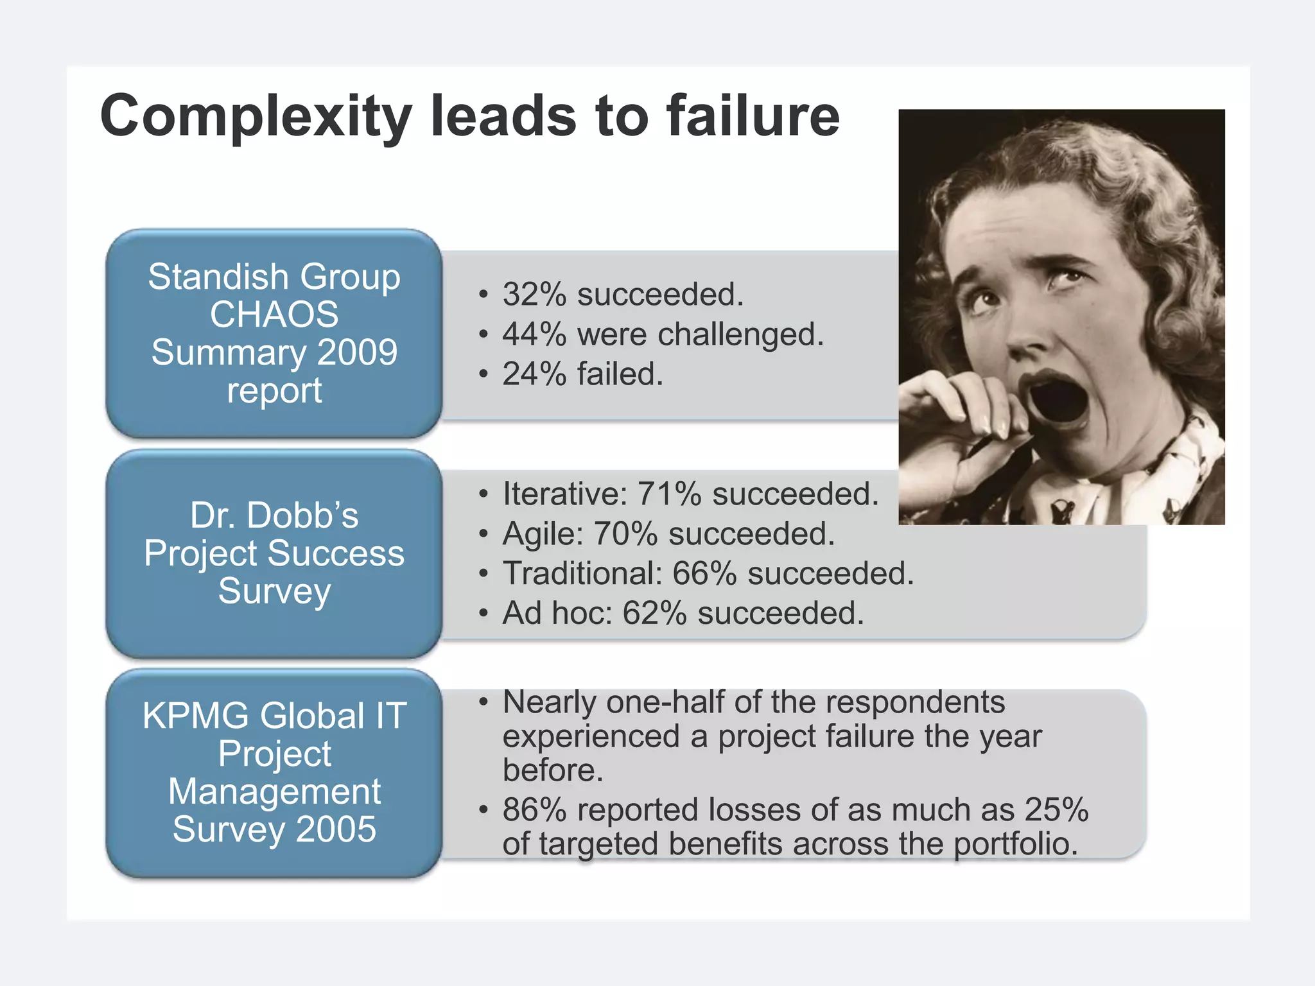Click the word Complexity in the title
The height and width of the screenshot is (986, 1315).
[x=256, y=117]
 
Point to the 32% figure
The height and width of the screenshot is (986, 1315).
[x=535, y=295]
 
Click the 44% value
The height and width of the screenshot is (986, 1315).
[x=535, y=334]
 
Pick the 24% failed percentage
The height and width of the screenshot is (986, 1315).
[x=535, y=374]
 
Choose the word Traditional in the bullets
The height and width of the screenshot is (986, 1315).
[x=582, y=573]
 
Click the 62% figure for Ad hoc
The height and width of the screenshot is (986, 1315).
[x=655, y=613]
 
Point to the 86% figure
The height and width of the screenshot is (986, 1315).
[x=535, y=809]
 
